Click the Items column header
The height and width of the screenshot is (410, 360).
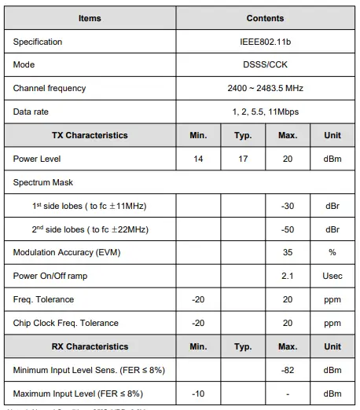click(90, 18)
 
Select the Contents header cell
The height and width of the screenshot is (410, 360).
click(265, 18)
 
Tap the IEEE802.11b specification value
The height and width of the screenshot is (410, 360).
click(265, 42)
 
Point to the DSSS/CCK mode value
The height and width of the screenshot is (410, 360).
click(265, 64)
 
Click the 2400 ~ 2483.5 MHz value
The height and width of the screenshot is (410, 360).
click(265, 88)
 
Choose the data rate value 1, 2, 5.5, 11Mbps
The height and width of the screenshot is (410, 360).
click(265, 112)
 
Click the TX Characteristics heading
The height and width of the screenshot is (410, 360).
click(90, 135)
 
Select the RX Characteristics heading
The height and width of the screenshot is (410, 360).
click(90, 346)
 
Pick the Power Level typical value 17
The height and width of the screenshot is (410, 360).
click(243, 159)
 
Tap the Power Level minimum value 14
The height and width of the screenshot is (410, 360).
click(198, 159)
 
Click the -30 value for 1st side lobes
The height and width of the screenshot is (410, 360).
click(288, 206)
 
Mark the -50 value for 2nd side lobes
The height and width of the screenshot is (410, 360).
click(288, 229)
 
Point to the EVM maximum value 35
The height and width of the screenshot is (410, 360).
click(288, 252)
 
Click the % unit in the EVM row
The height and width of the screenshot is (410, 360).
click(332, 252)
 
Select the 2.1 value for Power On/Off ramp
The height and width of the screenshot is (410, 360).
click(288, 276)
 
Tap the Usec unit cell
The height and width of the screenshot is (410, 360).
click(332, 276)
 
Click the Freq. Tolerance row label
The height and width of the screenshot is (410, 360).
click(43, 299)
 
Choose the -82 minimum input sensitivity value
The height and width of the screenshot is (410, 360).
click(288, 370)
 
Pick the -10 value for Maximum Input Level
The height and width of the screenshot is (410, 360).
click(198, 394)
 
